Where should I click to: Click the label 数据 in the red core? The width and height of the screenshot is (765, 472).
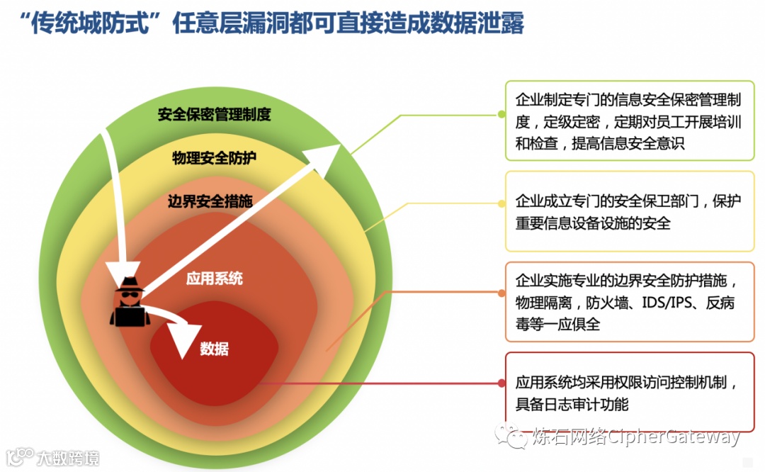[214, 349]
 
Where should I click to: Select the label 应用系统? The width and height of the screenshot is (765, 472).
[214, 278]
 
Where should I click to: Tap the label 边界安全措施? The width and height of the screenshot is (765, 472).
[210, 201]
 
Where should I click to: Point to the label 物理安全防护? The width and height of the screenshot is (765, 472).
[214, 157]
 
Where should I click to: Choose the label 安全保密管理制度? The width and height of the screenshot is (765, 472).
[214, 113]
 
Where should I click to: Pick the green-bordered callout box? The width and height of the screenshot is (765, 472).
[629, 120]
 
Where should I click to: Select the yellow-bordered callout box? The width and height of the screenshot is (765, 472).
[629, 211]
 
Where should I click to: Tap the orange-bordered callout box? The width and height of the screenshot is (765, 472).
[629, 301]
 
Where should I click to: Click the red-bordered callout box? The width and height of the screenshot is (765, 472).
[629, 393]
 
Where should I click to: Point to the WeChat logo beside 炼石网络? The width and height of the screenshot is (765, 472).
[511, 435]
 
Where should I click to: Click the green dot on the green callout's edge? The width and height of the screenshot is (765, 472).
[502, 113]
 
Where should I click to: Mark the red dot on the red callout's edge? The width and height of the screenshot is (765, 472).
[502, 383]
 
